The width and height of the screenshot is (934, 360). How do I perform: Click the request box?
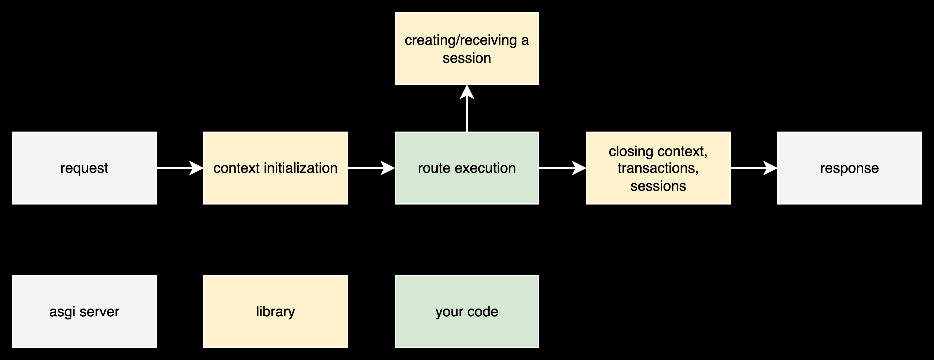[x=84, y=168]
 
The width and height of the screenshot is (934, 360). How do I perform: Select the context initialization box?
[x=276, y=168]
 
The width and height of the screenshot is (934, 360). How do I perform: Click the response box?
[x=849, y=168]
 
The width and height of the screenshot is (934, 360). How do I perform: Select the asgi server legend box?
[x=84, y=312]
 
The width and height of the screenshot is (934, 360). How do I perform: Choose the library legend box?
[x=276, y=312]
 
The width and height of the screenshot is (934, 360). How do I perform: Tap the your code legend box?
[x=467, y=312]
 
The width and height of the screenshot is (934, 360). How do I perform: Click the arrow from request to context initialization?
[x=179, y=168]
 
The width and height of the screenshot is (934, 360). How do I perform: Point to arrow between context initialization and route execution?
[x=371, y=168]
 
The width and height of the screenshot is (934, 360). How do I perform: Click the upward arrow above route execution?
[x=467, y=109]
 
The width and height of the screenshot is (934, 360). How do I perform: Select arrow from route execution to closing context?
[x=562, y=168]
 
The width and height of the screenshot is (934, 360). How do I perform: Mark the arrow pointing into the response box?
[x=753, y=168]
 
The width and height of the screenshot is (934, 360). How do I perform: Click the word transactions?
[x=658, y=168]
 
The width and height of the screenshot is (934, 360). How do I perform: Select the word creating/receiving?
[x=460, y=41]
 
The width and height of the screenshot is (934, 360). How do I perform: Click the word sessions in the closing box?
[x=658, y=186]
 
